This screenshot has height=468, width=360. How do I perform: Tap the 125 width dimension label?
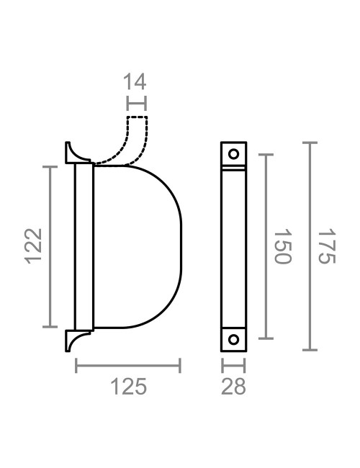[x=128, y=387]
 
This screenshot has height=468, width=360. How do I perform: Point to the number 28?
[x=233, y=387]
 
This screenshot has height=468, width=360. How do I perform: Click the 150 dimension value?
[x=282, y=246]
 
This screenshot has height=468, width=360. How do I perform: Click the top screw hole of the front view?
[x=233, y=153]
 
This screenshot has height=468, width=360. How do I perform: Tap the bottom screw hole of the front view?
[x=233, y=339]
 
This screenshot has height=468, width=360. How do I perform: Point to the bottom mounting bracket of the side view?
[x=76, y=339]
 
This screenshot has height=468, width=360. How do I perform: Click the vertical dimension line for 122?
[x=50, y=246]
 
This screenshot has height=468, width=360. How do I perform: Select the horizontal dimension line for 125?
[x=128, y=367]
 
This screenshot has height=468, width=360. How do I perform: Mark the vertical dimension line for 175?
[x=309, y=246]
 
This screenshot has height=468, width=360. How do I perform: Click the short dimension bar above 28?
[x=233, y=366]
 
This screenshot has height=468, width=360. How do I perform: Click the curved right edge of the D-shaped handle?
[x=181, y=246]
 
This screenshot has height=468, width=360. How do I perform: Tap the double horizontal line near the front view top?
[x=233, y=169]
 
